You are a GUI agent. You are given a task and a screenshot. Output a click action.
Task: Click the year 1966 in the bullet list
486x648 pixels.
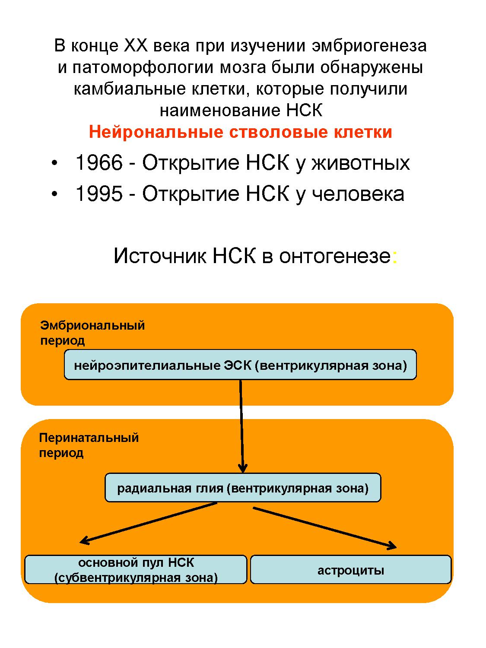pos(99,163)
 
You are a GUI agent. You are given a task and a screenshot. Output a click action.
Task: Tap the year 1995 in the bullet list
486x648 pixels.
pos(99,194)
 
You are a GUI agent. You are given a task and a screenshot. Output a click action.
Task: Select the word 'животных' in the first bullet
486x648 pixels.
pos(360,163)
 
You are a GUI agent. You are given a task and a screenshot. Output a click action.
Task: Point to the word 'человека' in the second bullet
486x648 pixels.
pos(358,194)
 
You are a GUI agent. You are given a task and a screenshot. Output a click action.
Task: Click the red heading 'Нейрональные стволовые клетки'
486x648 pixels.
pos(241,132)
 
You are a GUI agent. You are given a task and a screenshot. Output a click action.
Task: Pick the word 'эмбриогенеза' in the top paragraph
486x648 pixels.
pos(369,46)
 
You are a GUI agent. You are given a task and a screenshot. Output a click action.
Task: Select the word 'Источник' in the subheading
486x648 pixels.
pos(160,256)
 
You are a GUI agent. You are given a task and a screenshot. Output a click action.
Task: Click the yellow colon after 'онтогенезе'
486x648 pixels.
pos(394,257)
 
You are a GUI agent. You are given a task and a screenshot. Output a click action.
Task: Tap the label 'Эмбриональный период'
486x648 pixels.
pos(92,333)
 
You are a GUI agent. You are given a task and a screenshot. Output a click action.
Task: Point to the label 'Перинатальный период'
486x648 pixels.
pos(89,445)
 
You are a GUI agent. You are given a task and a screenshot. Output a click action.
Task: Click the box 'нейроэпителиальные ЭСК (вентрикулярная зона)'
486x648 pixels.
pos(240,365)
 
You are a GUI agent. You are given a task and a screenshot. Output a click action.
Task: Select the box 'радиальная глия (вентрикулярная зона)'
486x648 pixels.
pos(243,488)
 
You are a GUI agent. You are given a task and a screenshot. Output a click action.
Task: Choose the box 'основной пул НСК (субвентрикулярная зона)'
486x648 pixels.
pos(136,570)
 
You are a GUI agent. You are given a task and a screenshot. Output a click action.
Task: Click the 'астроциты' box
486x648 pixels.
pos(351,570)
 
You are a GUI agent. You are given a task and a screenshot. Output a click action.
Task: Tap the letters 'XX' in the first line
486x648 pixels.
pos(136,46)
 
